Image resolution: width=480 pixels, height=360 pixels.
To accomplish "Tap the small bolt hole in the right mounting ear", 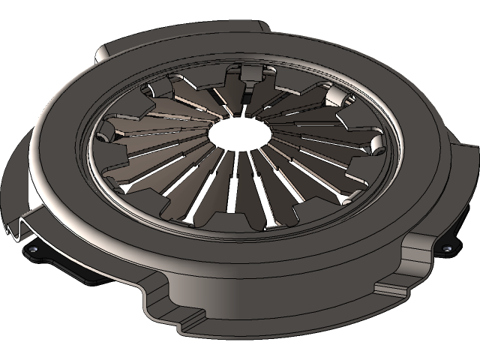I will [x=448, y=248].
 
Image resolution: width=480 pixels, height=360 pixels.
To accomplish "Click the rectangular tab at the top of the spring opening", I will [x=249, y=73].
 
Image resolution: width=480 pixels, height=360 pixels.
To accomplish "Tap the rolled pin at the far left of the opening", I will [x=106, y=133].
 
